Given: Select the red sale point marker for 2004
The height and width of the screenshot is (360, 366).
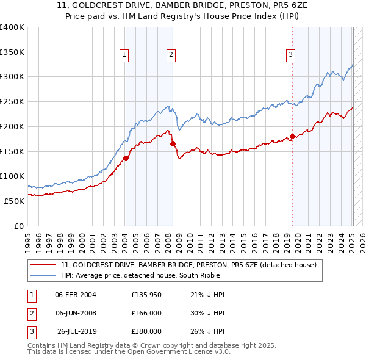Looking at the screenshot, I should click(x=126, y=158).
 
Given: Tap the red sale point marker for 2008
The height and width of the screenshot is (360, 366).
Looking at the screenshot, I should click(x=173, y=143).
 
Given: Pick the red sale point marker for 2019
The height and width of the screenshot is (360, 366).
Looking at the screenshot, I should click(x=292, y=136).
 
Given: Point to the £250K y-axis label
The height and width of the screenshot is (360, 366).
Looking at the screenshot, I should click(x=12, y=101).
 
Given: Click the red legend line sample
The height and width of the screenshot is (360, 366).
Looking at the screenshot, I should click(x=43, y=265).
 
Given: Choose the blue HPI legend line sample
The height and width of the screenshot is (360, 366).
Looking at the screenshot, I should click(x=43, y=275).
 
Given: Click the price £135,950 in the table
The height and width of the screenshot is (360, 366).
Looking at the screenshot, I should click(x=146, y=295).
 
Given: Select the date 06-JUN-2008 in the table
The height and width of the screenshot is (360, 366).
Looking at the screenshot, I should click(x=76, y=313).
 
